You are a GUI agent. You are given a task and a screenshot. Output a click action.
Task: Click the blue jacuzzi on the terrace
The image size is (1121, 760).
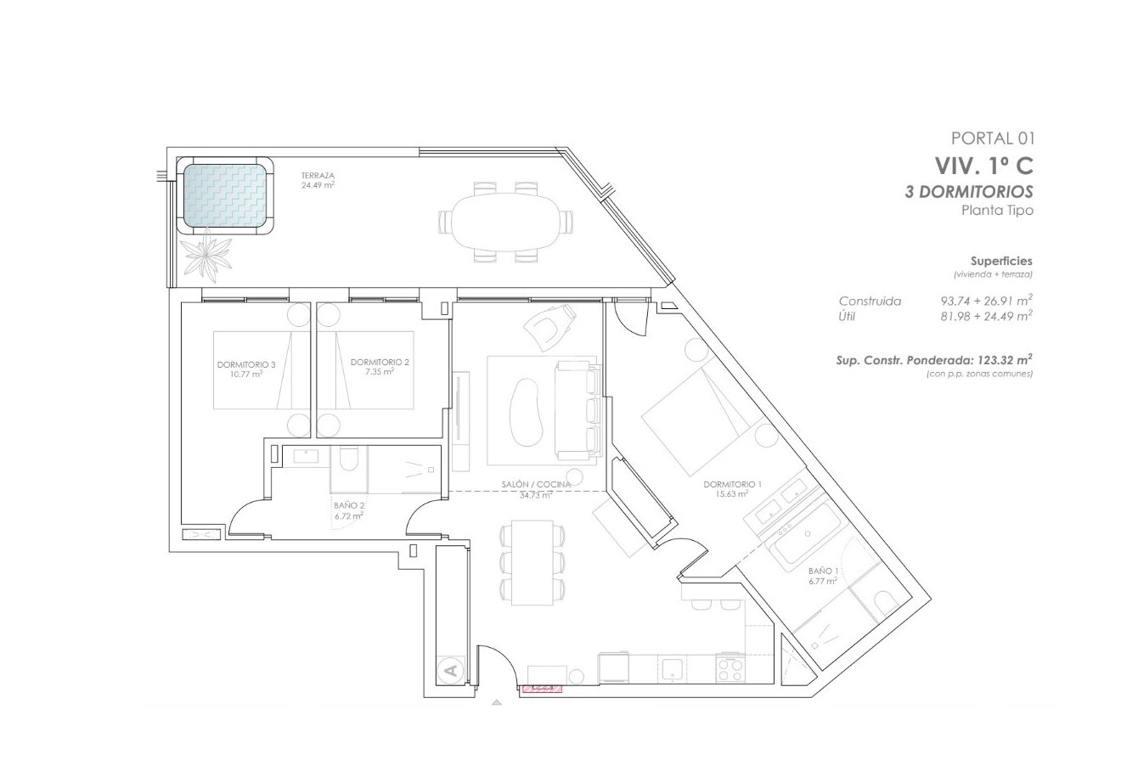(x=225, y=197)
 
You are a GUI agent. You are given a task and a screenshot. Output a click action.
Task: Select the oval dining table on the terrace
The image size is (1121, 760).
(x=505, y=221)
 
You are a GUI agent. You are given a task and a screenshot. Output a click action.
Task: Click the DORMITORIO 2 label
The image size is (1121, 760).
(x=380, y=366)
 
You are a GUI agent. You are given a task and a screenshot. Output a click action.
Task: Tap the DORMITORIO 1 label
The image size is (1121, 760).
(x=732, y=488)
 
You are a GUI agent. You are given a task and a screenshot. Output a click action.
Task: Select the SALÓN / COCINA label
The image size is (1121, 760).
(x=534, y=488)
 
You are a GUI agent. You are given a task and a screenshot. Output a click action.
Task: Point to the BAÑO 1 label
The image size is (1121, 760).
(x=823, y=576)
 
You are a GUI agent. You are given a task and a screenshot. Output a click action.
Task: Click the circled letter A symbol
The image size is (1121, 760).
(x=451, y=671)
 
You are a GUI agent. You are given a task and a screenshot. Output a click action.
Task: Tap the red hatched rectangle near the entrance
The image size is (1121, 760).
(x=542, y=689)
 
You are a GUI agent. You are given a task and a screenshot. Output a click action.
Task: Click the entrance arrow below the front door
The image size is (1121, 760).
(x=497, y=702)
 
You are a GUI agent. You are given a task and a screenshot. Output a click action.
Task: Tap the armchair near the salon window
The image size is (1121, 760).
(x=548, y=325)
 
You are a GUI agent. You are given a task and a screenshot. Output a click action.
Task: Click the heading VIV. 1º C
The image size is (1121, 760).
(x=983, y=165)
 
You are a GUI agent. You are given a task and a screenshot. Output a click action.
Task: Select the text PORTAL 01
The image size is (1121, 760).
(x=993, y=138)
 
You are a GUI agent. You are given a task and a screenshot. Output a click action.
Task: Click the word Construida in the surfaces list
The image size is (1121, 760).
(x=870, y=301)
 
